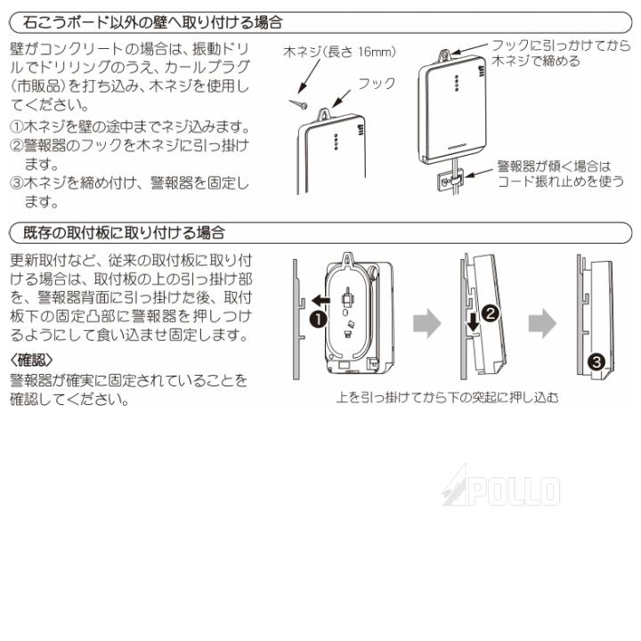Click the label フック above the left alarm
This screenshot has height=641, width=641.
click(x=376, y=83)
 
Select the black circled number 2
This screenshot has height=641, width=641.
click(x=489, y=312)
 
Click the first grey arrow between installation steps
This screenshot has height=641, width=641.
click(x=428, y=323)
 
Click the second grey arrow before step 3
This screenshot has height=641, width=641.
click(x=541, y=323)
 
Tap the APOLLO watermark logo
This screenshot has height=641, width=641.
click(x=501, y=489)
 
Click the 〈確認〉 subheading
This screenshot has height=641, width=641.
click(x=33, y=360)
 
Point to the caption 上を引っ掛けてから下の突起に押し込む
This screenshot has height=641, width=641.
click(x=448, y=397)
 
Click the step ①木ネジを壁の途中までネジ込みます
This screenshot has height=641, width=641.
click(x=128, y=126)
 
